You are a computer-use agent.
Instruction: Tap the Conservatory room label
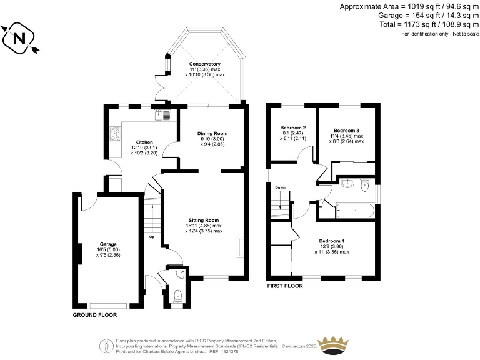coord(205,64)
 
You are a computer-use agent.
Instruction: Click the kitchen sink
coord(159,114)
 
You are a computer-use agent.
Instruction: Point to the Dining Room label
coord(212,133)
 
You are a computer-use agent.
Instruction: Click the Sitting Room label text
coord(204,220)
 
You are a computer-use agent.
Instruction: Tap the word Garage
coord(108,244)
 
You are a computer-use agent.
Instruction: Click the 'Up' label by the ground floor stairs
coord(151,237)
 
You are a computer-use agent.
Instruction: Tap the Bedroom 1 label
coord(331,241)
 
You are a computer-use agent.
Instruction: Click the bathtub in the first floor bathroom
coord(354,211)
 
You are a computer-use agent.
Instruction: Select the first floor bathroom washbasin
coord(347,184)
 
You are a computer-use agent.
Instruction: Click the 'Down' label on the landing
coord(281,187)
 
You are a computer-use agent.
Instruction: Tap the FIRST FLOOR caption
coord(284,286)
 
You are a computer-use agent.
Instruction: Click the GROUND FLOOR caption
coord(95,316)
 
